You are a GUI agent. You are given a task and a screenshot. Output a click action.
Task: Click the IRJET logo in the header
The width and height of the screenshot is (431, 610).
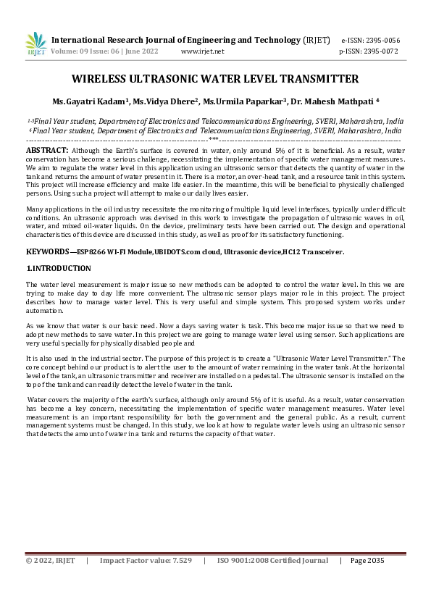click(36, 44)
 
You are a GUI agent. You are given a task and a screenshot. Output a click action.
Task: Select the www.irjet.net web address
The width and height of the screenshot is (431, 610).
click(202, 51)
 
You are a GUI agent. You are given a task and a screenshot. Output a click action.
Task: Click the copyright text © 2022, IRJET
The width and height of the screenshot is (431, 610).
click(50, 560)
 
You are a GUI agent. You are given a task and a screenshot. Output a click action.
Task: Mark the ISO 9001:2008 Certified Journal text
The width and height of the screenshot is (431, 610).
click(272, 560)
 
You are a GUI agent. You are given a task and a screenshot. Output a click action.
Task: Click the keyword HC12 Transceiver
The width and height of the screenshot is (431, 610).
click(314, 251)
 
